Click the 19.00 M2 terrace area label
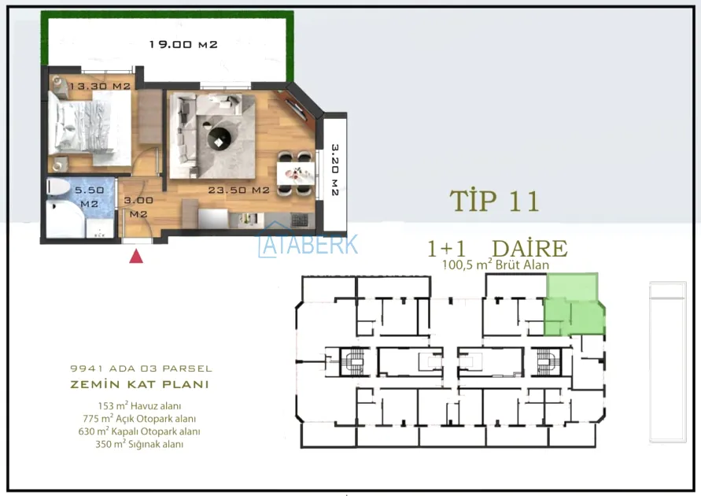tap(183, 44)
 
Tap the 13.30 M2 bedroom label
tap(100, 86)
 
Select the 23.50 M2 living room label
tap(238, 190)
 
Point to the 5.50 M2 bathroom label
tap(89, 197)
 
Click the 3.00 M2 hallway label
tap(138, 207)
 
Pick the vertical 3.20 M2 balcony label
tap(335, 169)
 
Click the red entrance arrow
tap(136, 257)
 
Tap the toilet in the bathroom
tap(58, 187)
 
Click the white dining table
tap(296, 173)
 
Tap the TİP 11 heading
tap(494, 201)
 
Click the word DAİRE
tap(529, 249)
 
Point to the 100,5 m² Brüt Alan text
tap(496, 265)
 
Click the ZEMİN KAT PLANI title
tap(139, 385)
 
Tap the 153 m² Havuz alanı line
tap(139, 406)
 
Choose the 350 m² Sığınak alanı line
tap(139, 444)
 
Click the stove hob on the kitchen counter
tap(300, 220)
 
